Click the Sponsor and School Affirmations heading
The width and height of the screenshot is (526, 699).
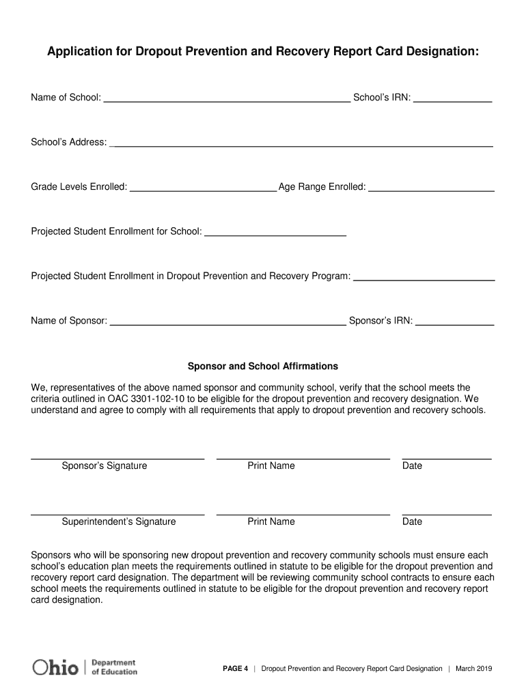pyautogui.click(x=263, y=367)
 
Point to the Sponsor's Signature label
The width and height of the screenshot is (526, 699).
pyautogui.click(x=105, y=466)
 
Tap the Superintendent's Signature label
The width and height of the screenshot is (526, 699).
pyautogui.click(x=119, y=522)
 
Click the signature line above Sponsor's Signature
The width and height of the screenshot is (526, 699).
pyautogui.click(x=117, y=458)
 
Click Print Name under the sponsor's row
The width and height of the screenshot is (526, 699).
pyautogui.click(x=271, y=466)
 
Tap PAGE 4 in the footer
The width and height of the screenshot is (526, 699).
pyautogui.click(x=236, y=669)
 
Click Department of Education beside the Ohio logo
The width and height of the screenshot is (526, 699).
pyautogui.click(x=114, y=667)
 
